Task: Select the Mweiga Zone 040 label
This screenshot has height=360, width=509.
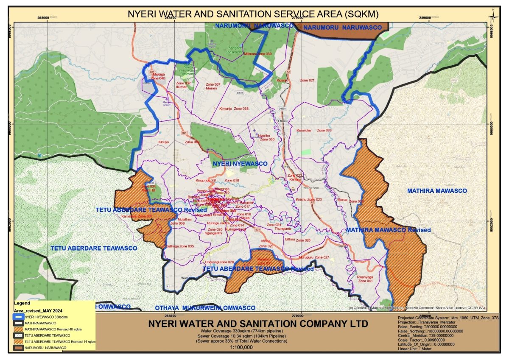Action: pos(158,77)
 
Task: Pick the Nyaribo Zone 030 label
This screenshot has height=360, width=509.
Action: pos(267,137)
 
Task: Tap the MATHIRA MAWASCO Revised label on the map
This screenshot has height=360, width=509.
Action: pos(388,230)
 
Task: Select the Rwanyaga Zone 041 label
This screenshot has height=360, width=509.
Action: pos(365,279)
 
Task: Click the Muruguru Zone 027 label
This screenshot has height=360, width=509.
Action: pos(313,257)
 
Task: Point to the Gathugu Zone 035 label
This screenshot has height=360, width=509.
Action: pos(179,246)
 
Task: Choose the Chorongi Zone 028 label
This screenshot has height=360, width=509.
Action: pos(220,262)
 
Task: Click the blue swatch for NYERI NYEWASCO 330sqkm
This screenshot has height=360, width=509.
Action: pos(19,317)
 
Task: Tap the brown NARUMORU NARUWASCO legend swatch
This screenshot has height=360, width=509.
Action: pos(19,347)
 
